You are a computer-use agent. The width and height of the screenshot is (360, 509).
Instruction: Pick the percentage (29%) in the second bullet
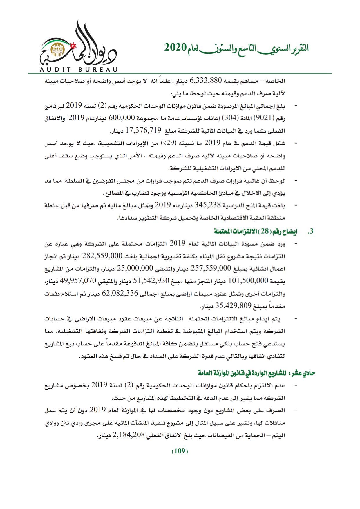(x=169, y=143)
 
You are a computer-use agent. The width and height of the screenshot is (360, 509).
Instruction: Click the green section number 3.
(x=311, y=231)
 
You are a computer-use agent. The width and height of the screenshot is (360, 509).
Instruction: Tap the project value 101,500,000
(x=248, y=281)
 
